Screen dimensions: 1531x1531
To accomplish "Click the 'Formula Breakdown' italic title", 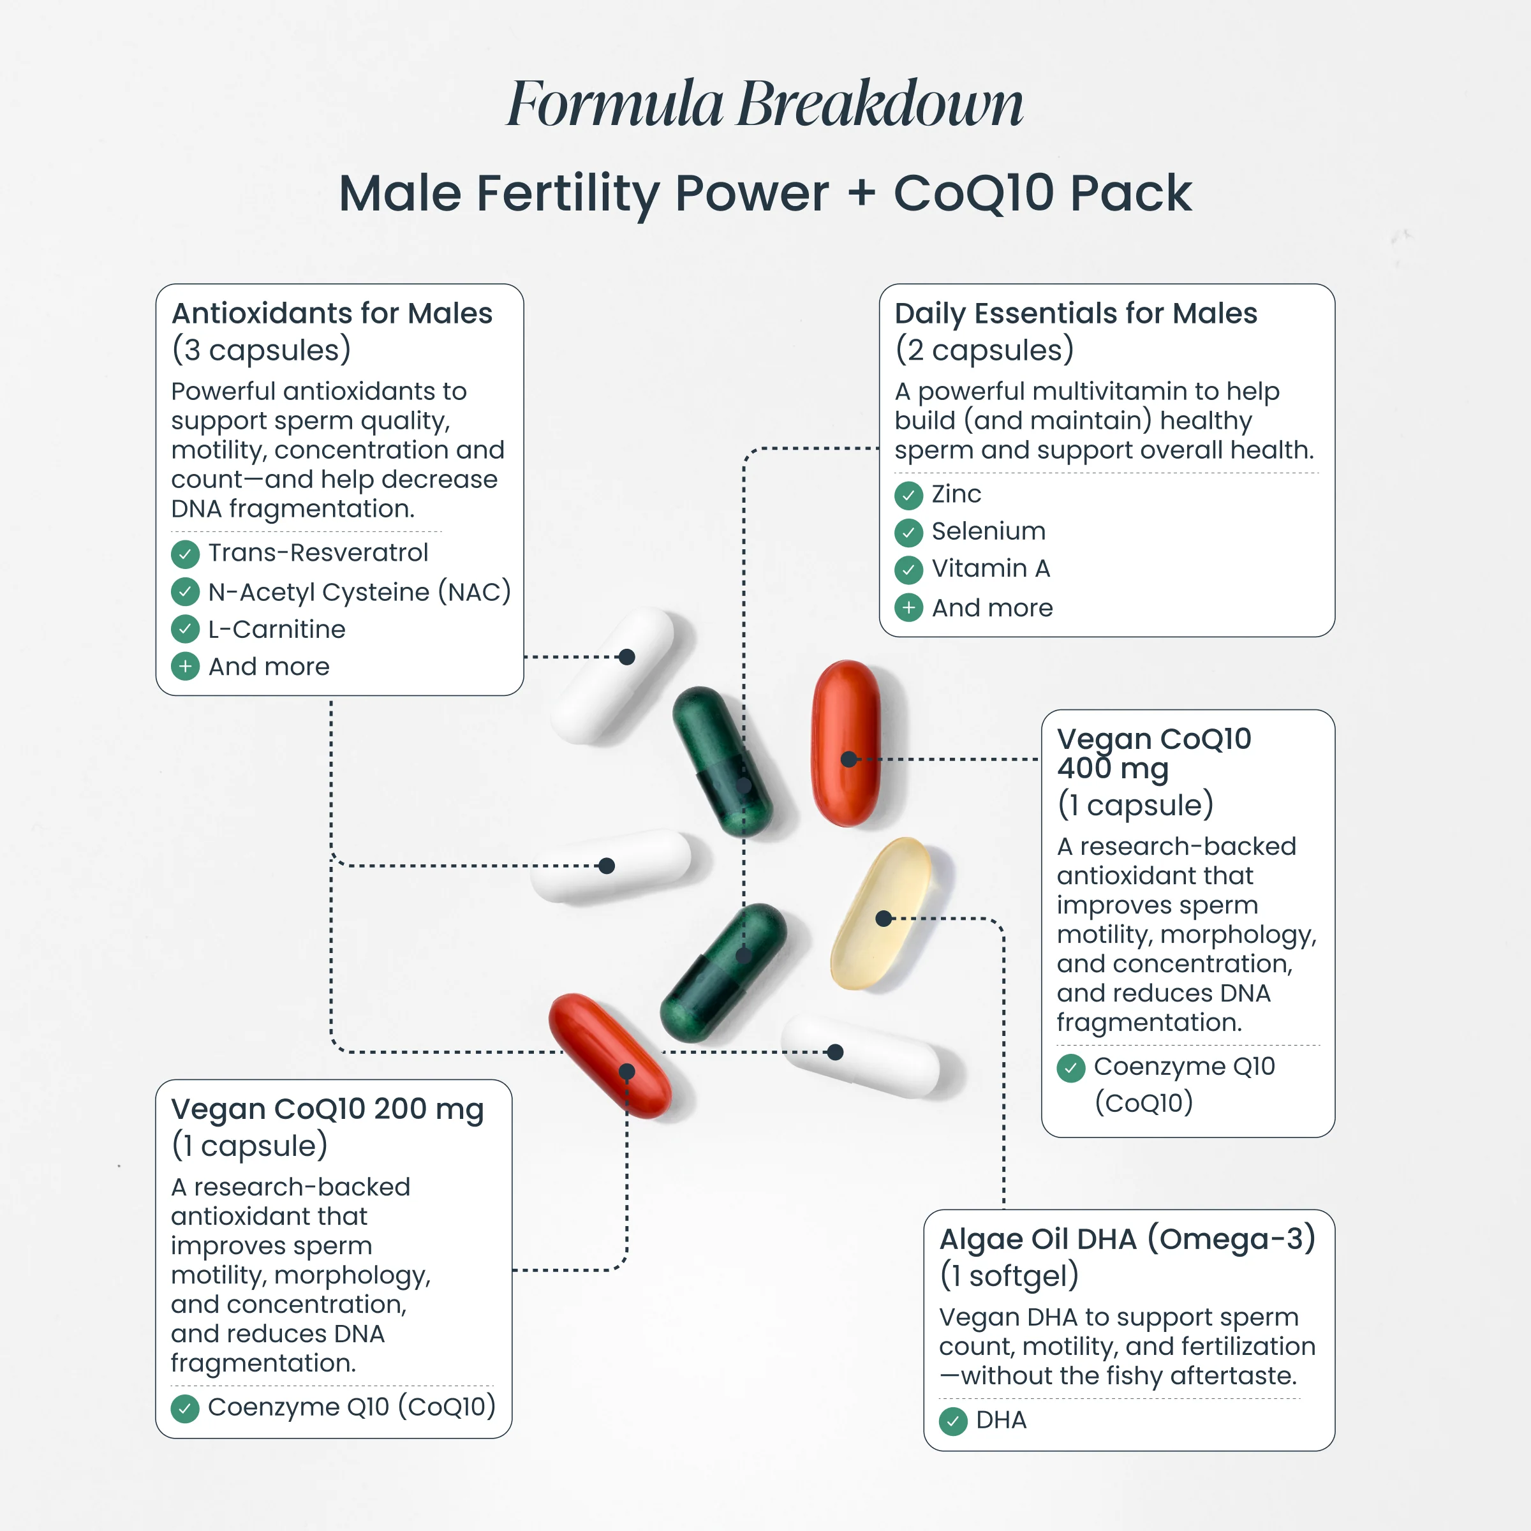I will click(x=765, y=104).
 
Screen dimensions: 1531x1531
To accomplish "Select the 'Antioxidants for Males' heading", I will click(x=332, y=314).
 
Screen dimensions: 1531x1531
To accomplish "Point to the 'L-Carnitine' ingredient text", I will click(x=277, y=629).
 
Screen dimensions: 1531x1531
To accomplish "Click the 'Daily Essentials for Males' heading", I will click(x=1076, y=314).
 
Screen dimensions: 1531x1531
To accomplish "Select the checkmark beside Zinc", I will click(x=909, y=495).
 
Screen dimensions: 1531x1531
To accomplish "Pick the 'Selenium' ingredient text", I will click(x=988, y=531).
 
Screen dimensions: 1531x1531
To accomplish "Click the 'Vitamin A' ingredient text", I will click(x=991, y=568).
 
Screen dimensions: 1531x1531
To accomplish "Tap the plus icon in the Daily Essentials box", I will click(x=909, y=608).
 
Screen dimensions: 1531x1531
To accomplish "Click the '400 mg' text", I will click(x=1113, y=769).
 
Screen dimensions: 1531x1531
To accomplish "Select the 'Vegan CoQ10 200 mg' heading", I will click(x=327, y=1109).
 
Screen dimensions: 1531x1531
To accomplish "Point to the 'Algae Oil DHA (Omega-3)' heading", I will click(x=1127, y=1239).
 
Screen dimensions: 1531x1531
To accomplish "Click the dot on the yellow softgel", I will click(x=884, y=919).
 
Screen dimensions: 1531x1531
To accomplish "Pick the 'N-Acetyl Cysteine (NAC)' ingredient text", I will click(x=359, y=592).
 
